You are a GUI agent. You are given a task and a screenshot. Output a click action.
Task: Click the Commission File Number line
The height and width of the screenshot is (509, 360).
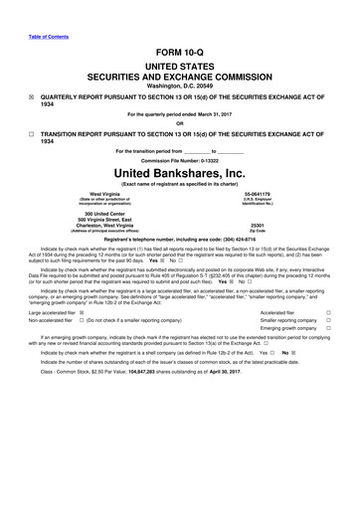point(180,160)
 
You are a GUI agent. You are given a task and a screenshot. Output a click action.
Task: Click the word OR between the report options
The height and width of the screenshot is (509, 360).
point(180,123)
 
